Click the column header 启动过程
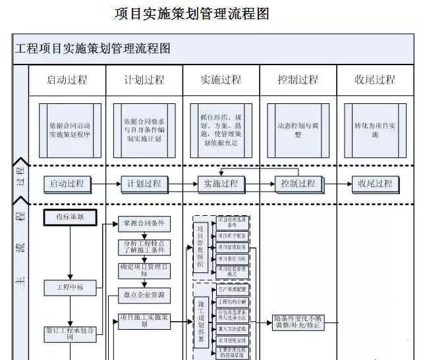pyautogui.click(x=67, y=80)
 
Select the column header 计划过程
pyautogui.click(x=144, y=80)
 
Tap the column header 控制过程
pyautogui.click(x=298, y=80)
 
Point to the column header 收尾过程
pyautogui.click(x=375, y=80)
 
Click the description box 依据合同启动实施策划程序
pyautogui.click(x=70, y=129)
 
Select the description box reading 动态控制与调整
pyautogui.click(x=298, y=129)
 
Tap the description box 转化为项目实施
pyautogui.click(x=375, y=130)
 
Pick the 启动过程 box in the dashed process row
pyautogui.click(x=67, y=184)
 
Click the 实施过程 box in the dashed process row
pyautogui.click(x=221, y=184)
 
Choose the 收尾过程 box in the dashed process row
pyautogui.click(x=375, y=184)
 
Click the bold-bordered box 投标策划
pyautogui.click(x=70, y=217)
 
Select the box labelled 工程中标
pyautogui.click(x=70, y=287)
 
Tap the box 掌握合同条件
pyautogui.click(x=144, y=224)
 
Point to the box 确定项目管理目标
pyautogui.click(x=144, y=270)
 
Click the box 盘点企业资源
pyautogui.click(x=144, y=294)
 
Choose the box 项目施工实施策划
pyautogui.click(x=144, y=321)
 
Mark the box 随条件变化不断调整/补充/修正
pyautogui.click(x=298, y=322)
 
